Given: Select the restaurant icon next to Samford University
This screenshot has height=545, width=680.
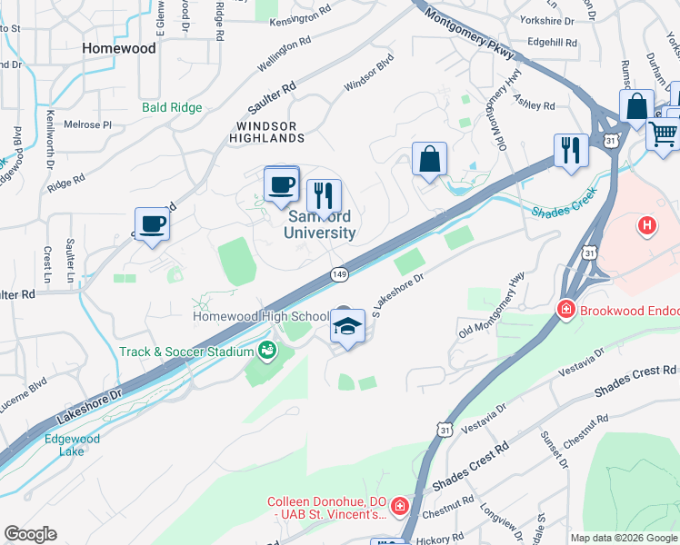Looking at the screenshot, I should coord(323,195).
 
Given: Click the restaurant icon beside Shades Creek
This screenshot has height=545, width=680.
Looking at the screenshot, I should coord(571,150).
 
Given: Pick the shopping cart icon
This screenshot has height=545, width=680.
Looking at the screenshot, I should coord(664,134).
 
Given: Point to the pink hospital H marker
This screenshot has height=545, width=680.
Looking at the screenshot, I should coord(646,224).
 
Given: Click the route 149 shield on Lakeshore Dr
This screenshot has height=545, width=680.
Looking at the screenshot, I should coord(339,273).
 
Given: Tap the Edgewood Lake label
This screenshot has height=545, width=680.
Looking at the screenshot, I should coord(73,446).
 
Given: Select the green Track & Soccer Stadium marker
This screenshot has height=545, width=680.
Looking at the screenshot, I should coord(267,350).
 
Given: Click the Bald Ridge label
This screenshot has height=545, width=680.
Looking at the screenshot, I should coord(172,107).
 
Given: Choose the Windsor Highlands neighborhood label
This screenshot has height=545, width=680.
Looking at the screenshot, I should coord(270,132).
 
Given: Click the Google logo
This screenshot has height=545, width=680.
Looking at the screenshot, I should coord(30,534).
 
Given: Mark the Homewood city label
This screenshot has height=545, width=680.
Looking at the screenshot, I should coord(118,48).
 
